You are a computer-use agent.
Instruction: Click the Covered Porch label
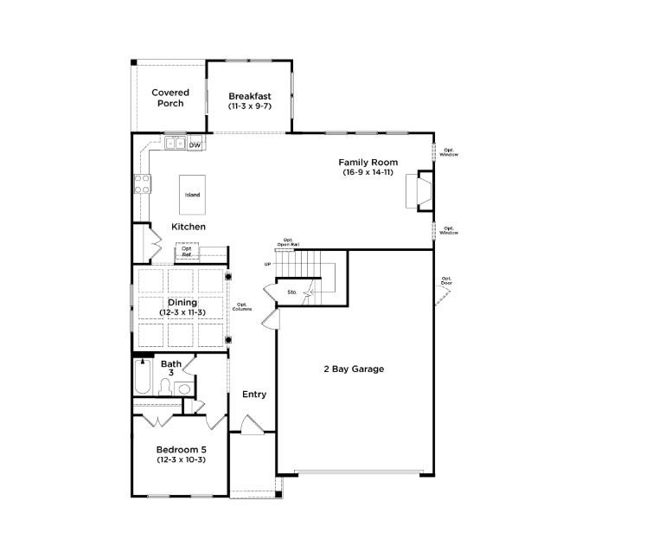click(x=170, y=98)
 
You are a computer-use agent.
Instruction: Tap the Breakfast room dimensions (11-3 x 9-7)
click(x=250, y=106)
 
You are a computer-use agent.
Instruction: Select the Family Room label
click(x=368, y=162)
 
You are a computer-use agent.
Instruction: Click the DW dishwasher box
click(x=195, y=144)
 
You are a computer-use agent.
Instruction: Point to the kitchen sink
click(x=176, y=144)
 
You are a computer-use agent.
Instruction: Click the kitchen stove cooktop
click(x=142, y=183)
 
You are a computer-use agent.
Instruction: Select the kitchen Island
click(x=192, y=195)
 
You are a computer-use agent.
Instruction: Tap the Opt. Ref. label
click(x=187, y=252)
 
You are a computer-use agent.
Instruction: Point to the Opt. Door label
click(x=446, y=281)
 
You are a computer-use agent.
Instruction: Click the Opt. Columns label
click(x=243, y=306)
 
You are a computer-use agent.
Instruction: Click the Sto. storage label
click(x=292, y=292)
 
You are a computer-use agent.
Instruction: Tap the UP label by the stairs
click(x=268, y=264)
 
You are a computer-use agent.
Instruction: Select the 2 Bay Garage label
click(x=354, y=369)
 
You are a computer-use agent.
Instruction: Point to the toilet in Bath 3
click(x=183, y=388)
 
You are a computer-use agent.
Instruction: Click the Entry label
click(x=254, y=395)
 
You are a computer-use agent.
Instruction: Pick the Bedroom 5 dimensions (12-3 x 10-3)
click(x=181, y=460)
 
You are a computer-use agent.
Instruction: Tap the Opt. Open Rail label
click(x=288, y=242)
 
